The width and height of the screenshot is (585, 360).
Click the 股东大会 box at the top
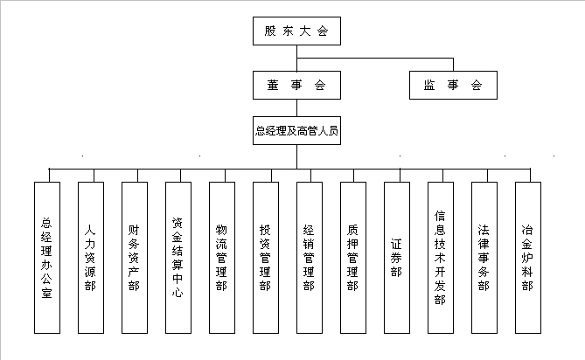(296, 31)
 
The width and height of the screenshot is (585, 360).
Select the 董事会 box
(296, 85)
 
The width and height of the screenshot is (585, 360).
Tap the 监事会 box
(453, 85)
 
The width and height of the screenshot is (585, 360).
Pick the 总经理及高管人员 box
(296, 132)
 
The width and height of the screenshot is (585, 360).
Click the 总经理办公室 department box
(46, 258)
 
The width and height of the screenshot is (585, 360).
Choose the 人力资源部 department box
(90, 258)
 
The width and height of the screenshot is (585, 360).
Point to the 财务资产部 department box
(134, 258)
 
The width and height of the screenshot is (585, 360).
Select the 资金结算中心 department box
(178, 258)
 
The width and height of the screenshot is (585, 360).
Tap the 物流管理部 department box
(221, 258)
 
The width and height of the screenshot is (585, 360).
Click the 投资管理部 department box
(265, 258)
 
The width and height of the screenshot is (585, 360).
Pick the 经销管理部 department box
(309, 258)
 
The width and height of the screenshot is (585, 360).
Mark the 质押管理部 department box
(352, 258)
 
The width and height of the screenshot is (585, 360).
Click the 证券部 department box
(396, 258)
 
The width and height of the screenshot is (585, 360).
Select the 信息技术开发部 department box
(440, 258)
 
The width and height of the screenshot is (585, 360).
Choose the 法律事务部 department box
(484, 258)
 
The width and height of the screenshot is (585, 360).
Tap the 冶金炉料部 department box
(527, 258)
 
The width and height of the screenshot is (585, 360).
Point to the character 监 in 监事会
(429, 86)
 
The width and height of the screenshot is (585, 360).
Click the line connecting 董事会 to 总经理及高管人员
(296, 108)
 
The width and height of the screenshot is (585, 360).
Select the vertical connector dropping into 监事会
(453, 65)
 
